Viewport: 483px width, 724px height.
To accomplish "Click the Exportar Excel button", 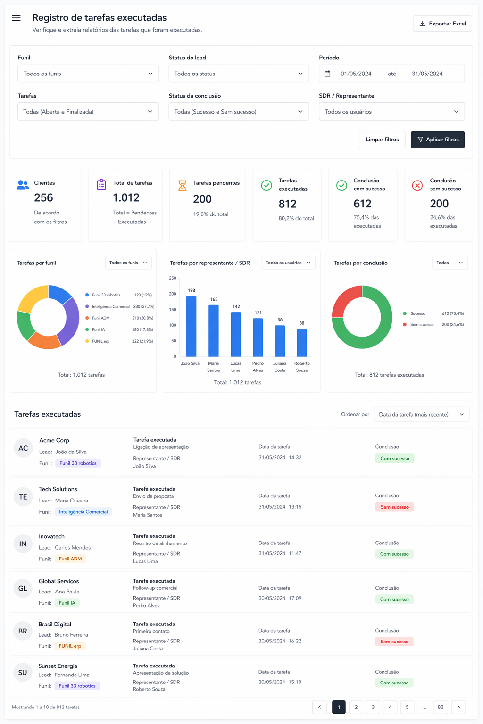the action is point(442,24).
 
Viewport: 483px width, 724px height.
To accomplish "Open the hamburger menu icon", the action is point(16,18).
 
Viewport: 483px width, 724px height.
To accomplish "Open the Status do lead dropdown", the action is point(239,74).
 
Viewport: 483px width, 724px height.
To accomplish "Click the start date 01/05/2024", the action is point(356,74).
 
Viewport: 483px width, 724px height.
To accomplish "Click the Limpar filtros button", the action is point(382,140).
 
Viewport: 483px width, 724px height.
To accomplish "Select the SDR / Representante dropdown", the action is point(392,112).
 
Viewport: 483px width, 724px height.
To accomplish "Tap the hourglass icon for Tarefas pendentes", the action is point(183,186).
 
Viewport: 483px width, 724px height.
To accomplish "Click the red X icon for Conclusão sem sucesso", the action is point(417,186).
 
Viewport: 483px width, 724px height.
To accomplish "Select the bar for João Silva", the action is point(191,326).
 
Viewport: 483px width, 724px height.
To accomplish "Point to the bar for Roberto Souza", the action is point(302,343).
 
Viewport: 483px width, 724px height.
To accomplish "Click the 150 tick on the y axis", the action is point(173,309).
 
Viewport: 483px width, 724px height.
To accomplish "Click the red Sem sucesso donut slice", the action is point(343,299).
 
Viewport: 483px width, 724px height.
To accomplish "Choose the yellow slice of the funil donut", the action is point(30,296).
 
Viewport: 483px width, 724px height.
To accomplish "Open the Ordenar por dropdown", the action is point(421,414).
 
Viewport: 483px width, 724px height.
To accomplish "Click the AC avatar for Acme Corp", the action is point(23,448).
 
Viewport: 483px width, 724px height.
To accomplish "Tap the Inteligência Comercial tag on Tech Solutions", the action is point(83,511).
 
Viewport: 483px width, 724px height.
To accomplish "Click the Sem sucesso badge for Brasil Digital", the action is point(394,642).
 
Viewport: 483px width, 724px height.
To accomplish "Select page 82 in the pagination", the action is point(440,707).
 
